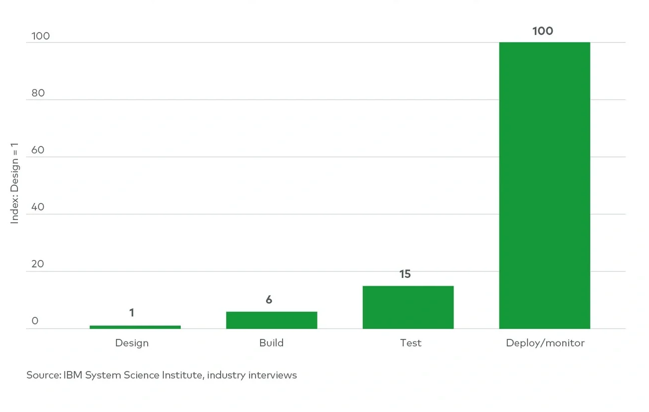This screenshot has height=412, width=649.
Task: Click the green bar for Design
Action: (x=135, y=327)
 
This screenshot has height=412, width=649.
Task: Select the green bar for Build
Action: (x=272, y=320)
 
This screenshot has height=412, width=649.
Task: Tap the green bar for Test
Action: (x=408, y=307)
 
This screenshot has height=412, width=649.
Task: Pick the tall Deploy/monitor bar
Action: (x=544, y=185)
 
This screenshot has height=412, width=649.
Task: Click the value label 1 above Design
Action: (x=132, y=313)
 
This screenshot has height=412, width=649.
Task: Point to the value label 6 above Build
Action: (x=269, y=300)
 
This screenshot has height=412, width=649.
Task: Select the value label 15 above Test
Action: (x=405, y=274)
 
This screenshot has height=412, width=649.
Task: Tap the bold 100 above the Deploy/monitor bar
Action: (x=543, y=31)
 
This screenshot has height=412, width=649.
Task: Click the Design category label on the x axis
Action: (x=132, y=343)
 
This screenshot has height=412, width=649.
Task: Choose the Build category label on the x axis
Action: (x=271, y=343)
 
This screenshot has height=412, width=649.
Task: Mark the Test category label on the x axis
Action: (x=410, y=343)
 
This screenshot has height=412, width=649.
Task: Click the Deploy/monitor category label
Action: (x=545, y=343)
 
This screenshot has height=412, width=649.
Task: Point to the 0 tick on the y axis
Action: (x=35, y=321)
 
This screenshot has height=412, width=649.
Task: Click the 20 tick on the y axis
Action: (x=38, y=264)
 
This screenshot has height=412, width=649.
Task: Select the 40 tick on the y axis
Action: (x=38, y=207)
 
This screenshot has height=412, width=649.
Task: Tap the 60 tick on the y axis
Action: (x=38, y=150)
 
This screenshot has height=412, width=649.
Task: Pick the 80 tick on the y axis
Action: (x=38, y=93)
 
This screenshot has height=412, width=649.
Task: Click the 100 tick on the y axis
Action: (x=40, y=36)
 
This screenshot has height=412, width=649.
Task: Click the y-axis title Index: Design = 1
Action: (x=14, y=183)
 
